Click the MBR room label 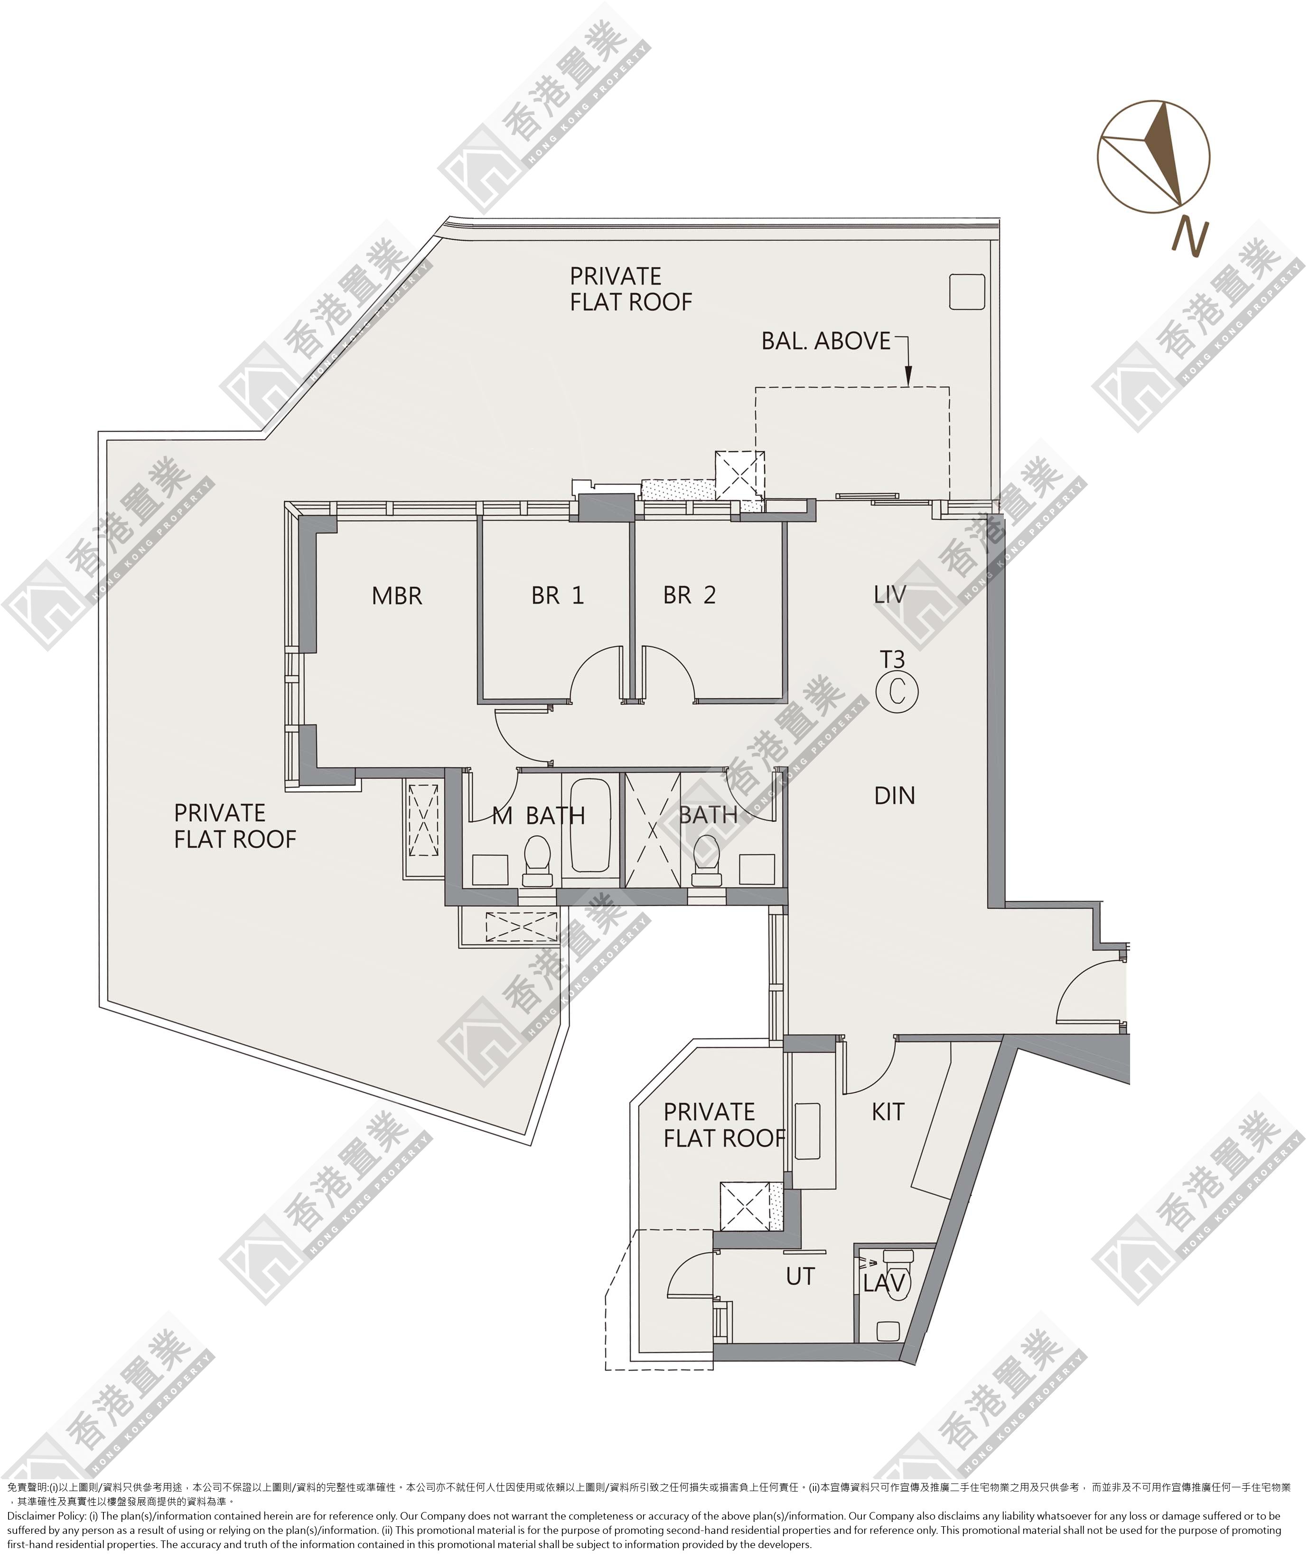tap(397, 596)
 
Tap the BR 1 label tap(557, 595)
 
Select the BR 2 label tap(689, 595)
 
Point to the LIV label tap(890, 595)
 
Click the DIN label tap(894, 796)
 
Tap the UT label tap(801, 1276)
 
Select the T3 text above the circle tap(892, 659)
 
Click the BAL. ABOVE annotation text tap(826, 341)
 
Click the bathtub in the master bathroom tap(590, 825)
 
